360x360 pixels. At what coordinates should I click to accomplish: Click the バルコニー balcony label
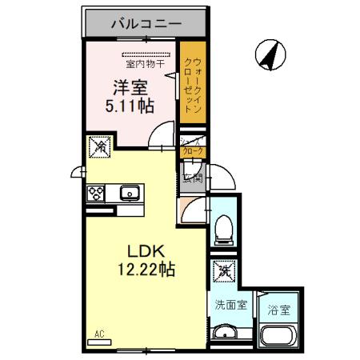(x=145, y=23)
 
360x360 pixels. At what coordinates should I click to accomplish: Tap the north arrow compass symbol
(x=271, y=54)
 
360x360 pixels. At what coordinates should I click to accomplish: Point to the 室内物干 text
(x=142, y=63)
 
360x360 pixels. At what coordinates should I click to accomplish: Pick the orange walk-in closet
(x=190, y=88)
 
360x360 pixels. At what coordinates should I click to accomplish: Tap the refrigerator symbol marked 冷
(x=99, y=147)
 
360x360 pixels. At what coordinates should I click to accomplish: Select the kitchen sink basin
(x=130, y=193)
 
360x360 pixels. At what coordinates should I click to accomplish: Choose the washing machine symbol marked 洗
(x=222, y=272)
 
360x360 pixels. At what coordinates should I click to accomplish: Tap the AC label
(x=100, y=333)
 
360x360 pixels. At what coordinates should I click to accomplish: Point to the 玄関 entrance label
(x=194, y=178)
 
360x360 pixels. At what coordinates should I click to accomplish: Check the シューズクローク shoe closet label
(x=193, y=147)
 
